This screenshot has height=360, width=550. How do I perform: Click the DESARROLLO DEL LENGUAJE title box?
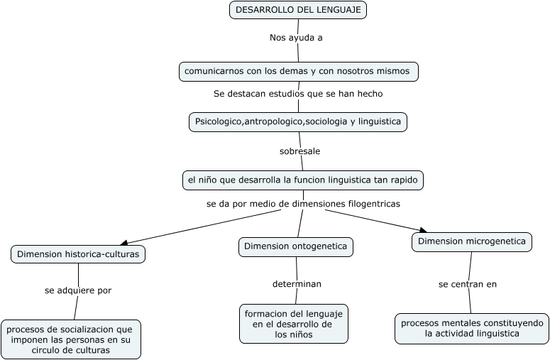coord(298,10)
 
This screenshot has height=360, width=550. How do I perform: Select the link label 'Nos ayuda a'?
coord(296,38)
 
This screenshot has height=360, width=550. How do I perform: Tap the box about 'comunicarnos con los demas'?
coord(299,72)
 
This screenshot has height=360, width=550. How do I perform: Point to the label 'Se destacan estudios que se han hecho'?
coord(298,94)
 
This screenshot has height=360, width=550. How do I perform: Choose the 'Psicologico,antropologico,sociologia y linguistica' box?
coord(298,121)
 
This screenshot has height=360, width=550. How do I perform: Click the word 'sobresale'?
coord(299,151)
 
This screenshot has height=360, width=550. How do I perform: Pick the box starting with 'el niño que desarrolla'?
coord(303,180)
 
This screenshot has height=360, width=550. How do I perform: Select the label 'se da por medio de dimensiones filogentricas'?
coord(303,204)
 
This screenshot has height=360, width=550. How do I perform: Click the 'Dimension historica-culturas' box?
coord(78,253)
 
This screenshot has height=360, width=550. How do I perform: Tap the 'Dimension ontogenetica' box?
coord(295,246)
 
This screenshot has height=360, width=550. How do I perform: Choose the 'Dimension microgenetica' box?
coord(472,241)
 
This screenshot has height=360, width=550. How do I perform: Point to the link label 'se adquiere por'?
coord(78,290)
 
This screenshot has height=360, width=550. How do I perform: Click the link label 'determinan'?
coord(297,284)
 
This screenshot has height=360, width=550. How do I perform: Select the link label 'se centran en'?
coord(467,284)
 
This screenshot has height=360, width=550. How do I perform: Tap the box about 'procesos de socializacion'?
coord(71,339)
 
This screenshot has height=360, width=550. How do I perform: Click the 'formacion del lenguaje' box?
coord(294,324)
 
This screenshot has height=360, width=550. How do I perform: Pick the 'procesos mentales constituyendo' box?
coord(472,328)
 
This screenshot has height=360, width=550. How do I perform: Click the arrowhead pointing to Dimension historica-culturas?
coord(125,243)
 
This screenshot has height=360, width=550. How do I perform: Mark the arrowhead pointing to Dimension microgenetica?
coord(423,230)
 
